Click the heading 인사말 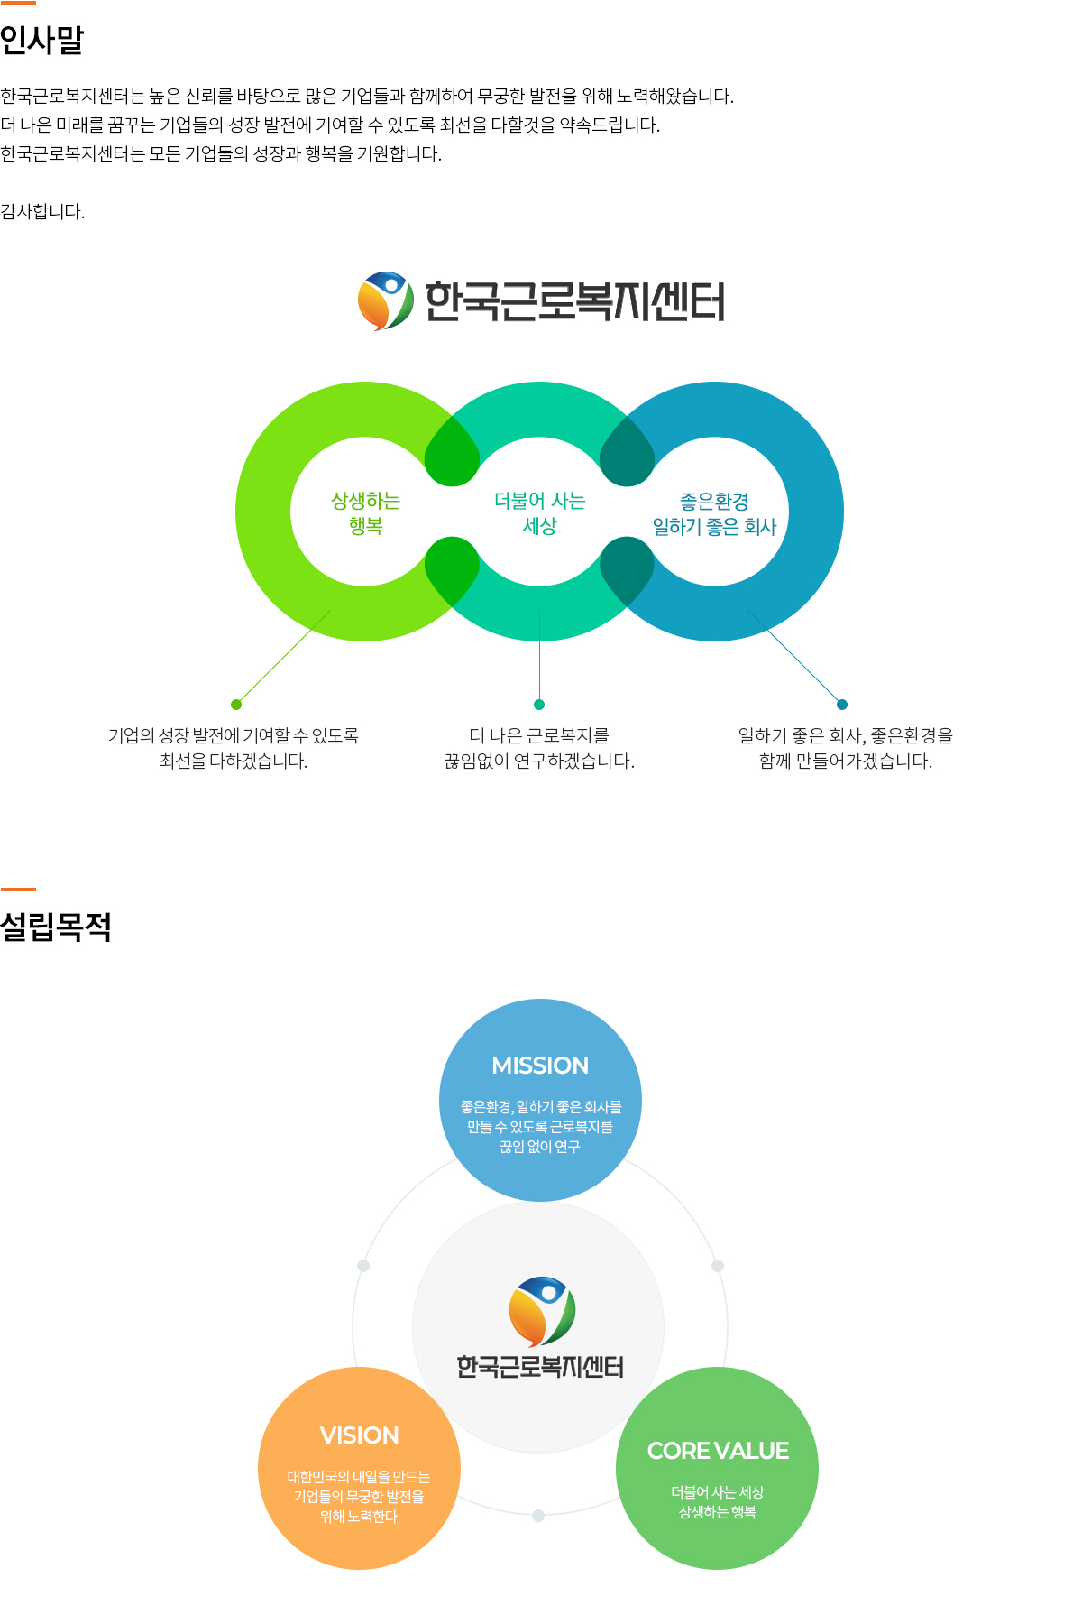point(42,40)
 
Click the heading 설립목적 point(56,927)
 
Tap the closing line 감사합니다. point(42,212)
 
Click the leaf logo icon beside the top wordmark point(386,300)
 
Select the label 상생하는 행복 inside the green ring point(365,512)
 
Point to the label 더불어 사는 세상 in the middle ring point(539,512)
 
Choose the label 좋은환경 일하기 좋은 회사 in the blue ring point(714,513)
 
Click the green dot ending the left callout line point(236,705)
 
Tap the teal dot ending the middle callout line point(539,705)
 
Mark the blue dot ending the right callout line point(842,705)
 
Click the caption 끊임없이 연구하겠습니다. point(539,761)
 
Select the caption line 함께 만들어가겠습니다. point(846,761)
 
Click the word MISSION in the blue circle point(540,1066)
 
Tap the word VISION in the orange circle point(359,1435)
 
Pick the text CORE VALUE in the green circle point(718,1451)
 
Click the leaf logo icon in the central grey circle point(542,1311)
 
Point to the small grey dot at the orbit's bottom point(538,1516)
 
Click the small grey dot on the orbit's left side point(363,1266)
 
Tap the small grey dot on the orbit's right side point(718,1266)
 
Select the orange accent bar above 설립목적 point(18,890)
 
